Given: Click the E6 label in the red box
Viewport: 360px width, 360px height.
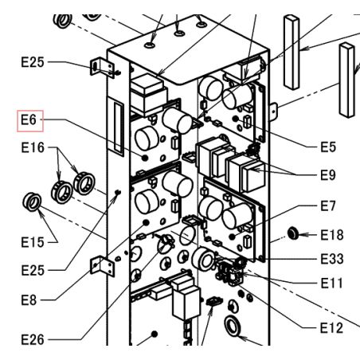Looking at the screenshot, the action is (x=29, y=119).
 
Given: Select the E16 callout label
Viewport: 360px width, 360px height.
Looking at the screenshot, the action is (x=33, y=147).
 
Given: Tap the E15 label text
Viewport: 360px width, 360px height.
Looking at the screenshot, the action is (x=33, y=242).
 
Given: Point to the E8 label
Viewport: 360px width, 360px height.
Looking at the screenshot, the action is (x=29, y=300).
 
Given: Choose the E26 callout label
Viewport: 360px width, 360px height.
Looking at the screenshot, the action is (x=33, y=339).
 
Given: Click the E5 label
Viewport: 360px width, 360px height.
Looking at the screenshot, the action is (x=328, y=147).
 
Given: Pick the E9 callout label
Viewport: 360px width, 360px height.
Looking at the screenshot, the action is (x=328, y=175).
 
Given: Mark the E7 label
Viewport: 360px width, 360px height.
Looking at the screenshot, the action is (x=328, y=205).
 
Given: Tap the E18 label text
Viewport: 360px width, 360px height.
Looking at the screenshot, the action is (x=332, y=235).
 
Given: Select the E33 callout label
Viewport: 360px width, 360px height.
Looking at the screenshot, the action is (x=332, y=259).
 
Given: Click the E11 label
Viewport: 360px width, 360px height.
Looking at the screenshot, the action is (x=331, y=284).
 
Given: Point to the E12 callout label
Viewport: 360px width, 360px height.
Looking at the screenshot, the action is (x=331, y=328).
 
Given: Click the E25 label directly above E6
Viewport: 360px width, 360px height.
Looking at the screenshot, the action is (x=33, y=62).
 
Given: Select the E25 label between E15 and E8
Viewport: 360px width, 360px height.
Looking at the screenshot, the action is (x=33, y=271).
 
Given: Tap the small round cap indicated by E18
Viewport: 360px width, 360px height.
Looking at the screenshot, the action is (x=293, y=233).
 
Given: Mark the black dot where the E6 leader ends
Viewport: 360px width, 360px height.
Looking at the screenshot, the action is (x=145, y=158).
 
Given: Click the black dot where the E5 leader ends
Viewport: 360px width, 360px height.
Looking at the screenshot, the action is (x=235, y=119).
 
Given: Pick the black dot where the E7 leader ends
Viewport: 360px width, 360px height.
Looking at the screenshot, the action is (x=233, y=236).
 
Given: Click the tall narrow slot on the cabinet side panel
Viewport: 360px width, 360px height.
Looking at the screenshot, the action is (x=119, y=127).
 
